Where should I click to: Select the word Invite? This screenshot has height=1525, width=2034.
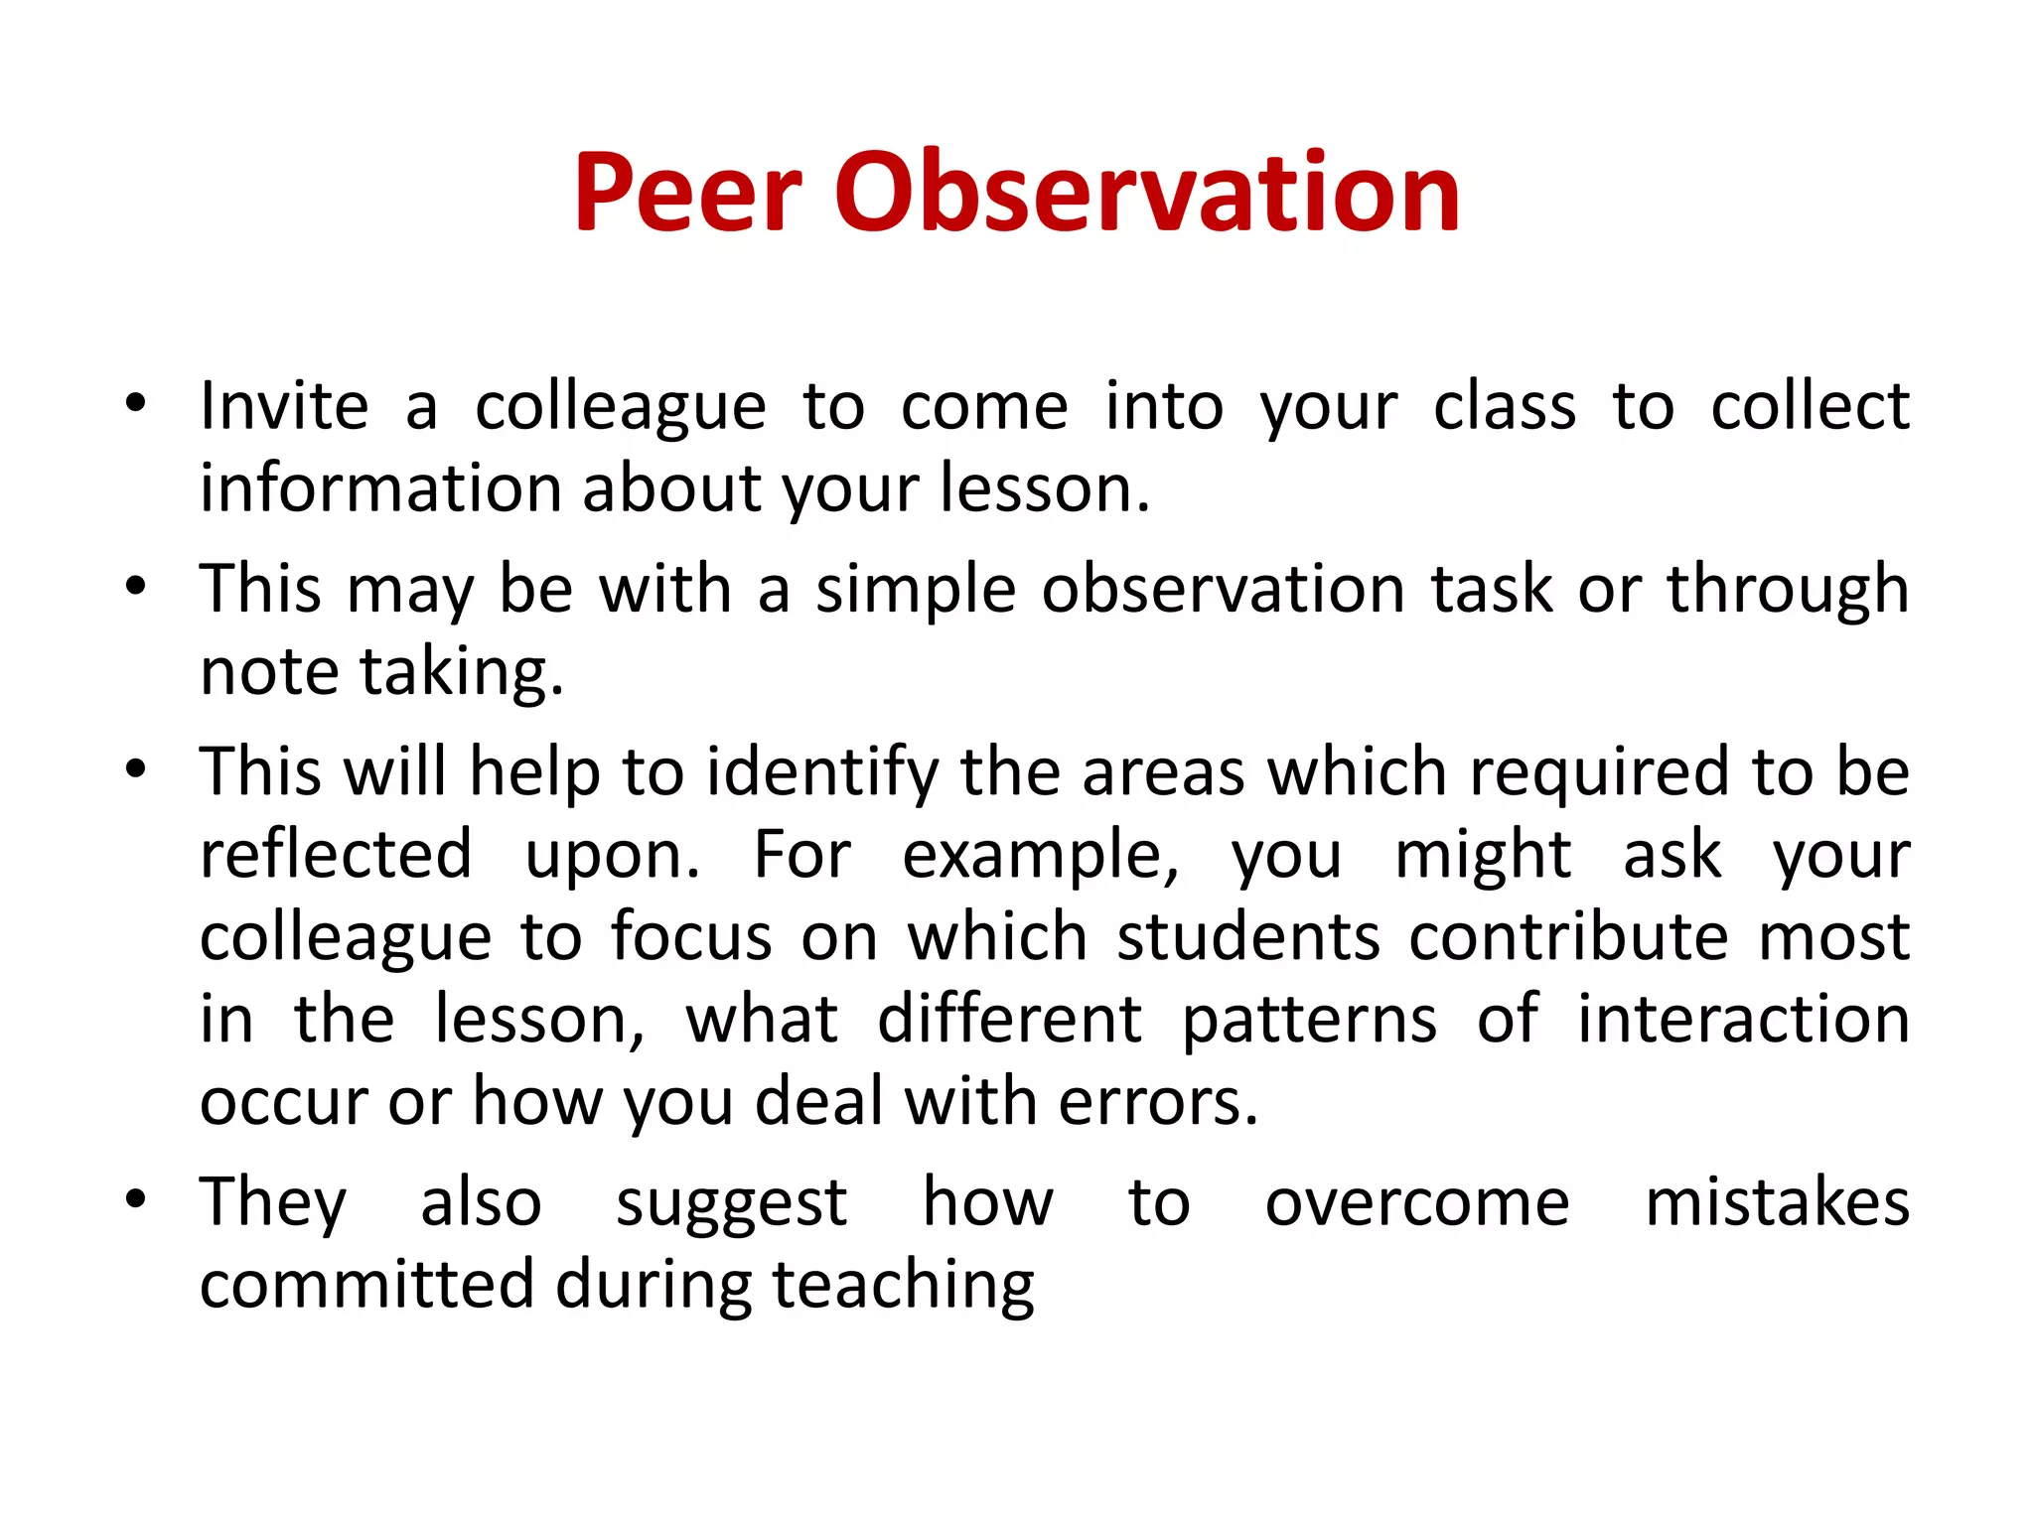[284, 406]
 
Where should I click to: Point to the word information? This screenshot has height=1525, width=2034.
[381, 488]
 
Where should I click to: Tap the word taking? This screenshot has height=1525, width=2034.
[461, 673]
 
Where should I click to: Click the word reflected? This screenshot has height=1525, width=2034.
[336, 854]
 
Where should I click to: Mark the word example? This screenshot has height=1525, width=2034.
[1040, 856]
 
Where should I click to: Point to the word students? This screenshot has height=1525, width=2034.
[1248, 936]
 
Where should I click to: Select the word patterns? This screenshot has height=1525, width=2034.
[1309, 1020]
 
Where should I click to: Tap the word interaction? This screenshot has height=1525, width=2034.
[1744, 1020]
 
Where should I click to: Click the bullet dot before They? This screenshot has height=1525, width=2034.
[136, 1199]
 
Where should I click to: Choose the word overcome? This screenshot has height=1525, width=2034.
[1417, 1203]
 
